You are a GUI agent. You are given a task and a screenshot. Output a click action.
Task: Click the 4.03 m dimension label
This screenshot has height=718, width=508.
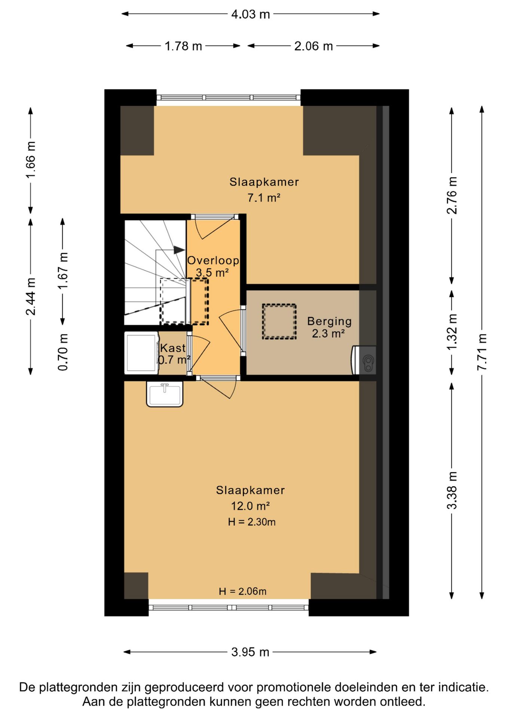(250, 14)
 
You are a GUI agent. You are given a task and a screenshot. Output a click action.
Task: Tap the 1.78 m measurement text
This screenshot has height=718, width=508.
(183, 46)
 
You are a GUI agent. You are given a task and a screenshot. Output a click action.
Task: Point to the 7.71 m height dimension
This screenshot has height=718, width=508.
(482, 352)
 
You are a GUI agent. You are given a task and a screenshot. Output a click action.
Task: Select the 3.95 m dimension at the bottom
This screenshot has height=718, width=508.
(250, 652)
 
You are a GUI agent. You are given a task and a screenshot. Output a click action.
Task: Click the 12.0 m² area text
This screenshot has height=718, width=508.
(250, 506)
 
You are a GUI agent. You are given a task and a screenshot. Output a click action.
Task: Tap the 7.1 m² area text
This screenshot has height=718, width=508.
(264, 197)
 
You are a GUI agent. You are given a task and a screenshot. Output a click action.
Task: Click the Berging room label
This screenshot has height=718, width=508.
(329, 321)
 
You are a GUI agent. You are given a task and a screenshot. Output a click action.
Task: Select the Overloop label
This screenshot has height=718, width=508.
(213, 260)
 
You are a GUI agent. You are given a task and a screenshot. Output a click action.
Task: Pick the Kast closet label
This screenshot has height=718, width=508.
(172, 348)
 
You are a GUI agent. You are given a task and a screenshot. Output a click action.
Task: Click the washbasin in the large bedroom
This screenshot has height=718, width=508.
(165, 394)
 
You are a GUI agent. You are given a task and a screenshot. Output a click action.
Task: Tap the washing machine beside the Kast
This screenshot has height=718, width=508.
(141, 353)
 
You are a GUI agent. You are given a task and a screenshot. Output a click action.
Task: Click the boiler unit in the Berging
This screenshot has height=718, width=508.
(364, 360)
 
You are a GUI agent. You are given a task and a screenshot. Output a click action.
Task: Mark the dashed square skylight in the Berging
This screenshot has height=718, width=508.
(279, 322)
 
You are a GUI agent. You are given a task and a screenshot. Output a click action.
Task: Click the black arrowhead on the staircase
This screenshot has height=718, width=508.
(179, 250)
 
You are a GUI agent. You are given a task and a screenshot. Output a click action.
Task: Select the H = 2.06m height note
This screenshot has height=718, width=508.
(242, 591)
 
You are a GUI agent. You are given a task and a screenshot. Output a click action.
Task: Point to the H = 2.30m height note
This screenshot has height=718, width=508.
(252, 522)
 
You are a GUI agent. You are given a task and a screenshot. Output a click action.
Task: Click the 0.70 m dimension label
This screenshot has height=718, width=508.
(63, 352)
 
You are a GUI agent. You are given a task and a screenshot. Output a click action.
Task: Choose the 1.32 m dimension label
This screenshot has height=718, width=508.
(452, 332)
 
